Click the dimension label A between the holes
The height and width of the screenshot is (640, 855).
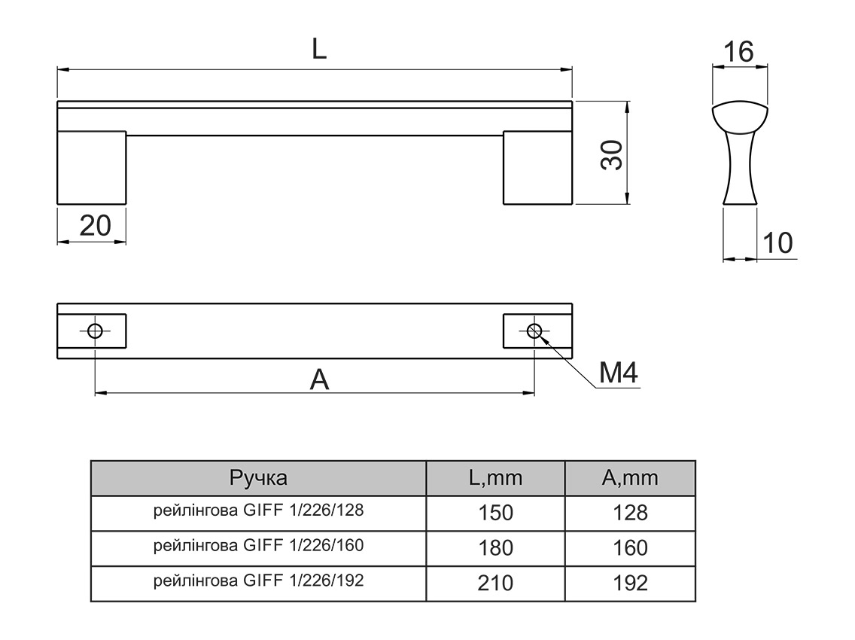[x=320, y=380]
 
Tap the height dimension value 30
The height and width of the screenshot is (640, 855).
[x=613, y=155]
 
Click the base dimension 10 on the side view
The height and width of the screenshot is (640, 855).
[x=777, y=243]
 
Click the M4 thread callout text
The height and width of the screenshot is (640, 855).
[x=619, y=372]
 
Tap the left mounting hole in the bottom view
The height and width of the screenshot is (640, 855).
[x=95, y=331]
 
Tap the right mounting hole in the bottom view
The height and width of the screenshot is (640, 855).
[x=534, y=331]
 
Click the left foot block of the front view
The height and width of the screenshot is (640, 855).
[x=92, y=167]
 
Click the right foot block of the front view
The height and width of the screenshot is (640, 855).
[x=537, y=167]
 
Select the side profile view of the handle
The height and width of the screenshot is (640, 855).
[x=739, y=154]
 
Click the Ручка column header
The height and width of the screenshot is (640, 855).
[x=258, y=477]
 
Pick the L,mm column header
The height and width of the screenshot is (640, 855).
[x=494, y=477]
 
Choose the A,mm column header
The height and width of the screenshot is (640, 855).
[x=630, y=477]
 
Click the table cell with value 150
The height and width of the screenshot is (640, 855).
[x=495, y=513]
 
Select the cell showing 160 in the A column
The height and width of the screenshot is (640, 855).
[x=630, y=547]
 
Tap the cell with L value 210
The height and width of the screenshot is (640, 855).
[x=495, y=583]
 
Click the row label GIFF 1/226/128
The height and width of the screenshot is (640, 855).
[x=258, y=510]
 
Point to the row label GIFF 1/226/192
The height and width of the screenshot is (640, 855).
[x=258, y=581]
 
